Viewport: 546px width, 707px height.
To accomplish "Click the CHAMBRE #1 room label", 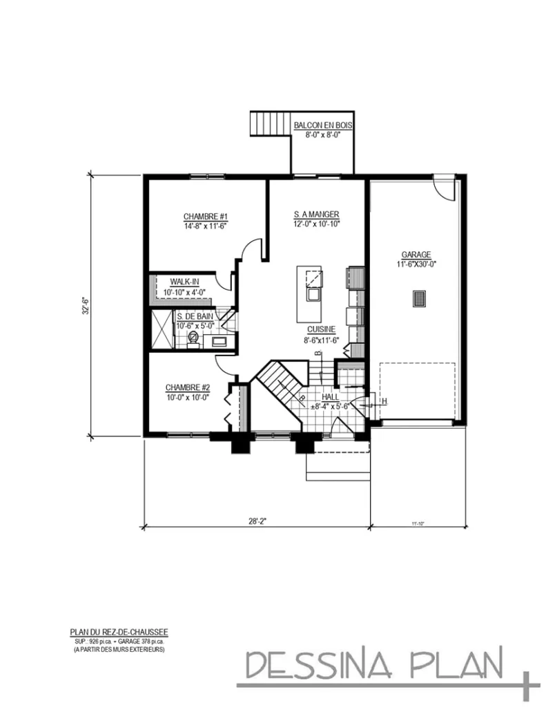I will pos(206,216).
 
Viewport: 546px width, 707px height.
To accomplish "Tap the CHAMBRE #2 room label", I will pos(187,387).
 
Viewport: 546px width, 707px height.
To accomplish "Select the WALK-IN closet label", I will pos(184,282).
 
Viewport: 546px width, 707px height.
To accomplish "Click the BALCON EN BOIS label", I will pos(323,126).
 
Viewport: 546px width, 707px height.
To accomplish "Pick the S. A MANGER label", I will pos(315,215).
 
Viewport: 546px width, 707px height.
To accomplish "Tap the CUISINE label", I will pos(322,330).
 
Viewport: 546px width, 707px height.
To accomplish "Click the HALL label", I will pos(329,398).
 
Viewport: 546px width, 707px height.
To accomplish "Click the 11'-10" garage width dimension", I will pos(418,523).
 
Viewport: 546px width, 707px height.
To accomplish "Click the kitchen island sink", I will pos(313,296).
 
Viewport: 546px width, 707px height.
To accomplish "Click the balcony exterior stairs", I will pos(269,124).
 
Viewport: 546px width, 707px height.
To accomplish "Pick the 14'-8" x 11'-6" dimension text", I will pos(206,226).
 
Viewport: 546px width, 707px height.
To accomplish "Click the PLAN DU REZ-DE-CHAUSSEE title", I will pos(119,631).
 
